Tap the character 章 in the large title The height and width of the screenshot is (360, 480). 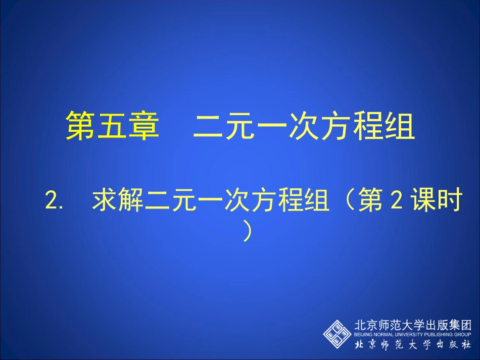click(x=142, y=126)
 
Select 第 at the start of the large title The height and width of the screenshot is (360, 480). click(x=81, y=126)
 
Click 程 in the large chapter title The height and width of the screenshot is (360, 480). click(x=368, y=126)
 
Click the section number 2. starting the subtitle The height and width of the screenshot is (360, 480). click(x=54, y=201)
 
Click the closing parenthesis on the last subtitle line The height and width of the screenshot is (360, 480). click(x=247, y=232)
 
